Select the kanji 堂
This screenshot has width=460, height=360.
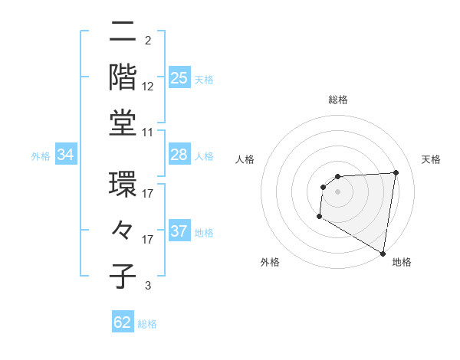pyautogui.click(x=123, y=122)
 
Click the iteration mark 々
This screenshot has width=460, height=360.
pyautogui.click(x=123, y=230)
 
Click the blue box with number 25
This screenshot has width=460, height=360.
pyautogui.click(x=179, y=78)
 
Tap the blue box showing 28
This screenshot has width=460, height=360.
pyautogui.click(x=179, y=155)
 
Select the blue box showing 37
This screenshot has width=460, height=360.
pyautogui.click(x=179, y=232)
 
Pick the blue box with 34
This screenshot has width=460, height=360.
pyautogui.click(x=66, y=155)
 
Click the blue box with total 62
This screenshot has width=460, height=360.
pyautogui.click(x=123, y=322)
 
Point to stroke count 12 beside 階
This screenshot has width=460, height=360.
pyautogui.click(x=148, y=86)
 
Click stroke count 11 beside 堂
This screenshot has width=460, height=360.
pyautogui.click(x=148, y=133)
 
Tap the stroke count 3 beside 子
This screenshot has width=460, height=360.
pyautogui.click(x=148, y=286)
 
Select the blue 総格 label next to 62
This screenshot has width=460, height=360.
pyautogui.click(x=147, y=324)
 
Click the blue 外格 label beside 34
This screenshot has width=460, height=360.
pyautogui.click(x=41, y=156)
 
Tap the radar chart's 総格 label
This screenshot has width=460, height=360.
pyautogui.click(x=337, y=100)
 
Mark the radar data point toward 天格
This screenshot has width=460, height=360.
pyautogui.click(x=396, y=172)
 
